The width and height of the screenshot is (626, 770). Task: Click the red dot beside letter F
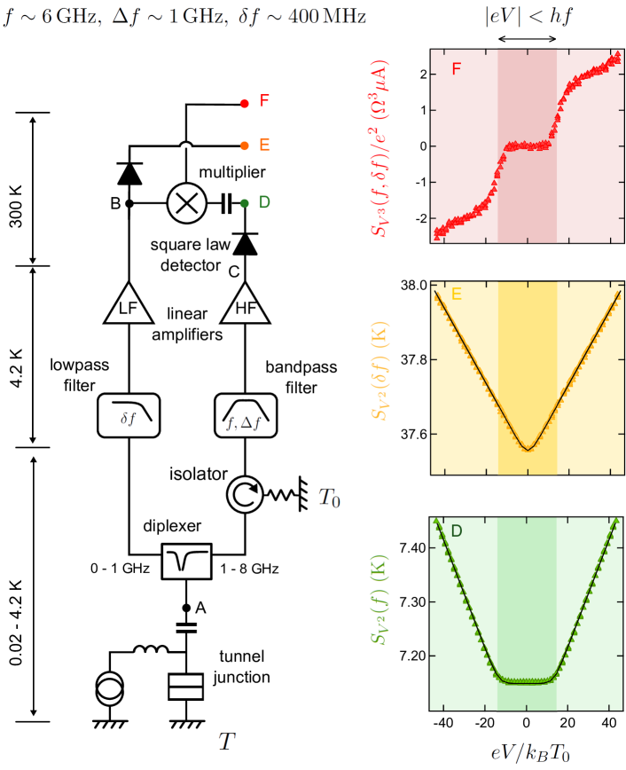click(244, 103)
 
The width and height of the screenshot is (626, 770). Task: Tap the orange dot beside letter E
click(244, 145)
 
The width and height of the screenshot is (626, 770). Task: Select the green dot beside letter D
click(244, 203)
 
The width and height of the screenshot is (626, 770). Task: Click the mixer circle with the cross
click(186, 203)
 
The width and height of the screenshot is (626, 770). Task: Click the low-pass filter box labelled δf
click(130, 414)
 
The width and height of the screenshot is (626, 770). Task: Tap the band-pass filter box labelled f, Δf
click(243, 414)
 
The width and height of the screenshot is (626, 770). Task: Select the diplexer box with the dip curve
click(187, 560)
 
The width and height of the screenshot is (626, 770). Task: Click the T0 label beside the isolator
click(328, 499)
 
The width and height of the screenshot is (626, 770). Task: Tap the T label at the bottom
click(228, 740)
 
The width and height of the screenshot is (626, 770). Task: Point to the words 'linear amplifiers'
click(186, 325)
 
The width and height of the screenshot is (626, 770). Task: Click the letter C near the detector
click(234, 271)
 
